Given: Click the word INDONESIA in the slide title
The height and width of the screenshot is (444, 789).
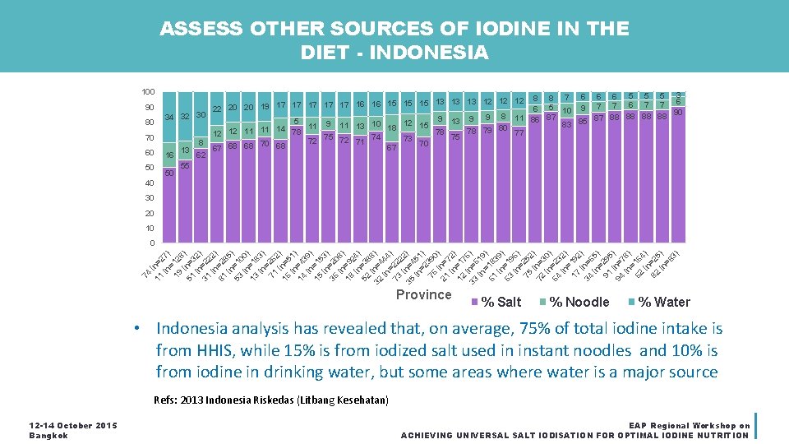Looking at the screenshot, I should pyautogui.click(x=430, y=53).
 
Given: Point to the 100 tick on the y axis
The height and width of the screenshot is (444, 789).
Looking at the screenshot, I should pyautogui.click(x=147, y=91).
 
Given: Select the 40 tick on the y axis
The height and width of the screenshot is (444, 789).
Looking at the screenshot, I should pyautogui.click(x=149, y=183).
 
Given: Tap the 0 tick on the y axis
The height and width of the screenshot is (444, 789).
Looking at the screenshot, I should pyautogui.click(x=152, y=243).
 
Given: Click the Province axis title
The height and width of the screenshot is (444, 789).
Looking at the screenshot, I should pyautogui.click(x=423, y=295).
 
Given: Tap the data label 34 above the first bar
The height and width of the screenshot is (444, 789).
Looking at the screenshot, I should pyautogui.click(x=169, y=118).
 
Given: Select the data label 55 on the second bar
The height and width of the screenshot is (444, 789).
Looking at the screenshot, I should pyautogui.click(x=185, y=165).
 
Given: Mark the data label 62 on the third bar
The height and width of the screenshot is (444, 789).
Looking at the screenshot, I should pyautogui.click(x=201, y=154).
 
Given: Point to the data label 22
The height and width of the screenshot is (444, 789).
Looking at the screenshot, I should pyautogui.click(x=217, y=109).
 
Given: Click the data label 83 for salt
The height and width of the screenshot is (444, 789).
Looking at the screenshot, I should pyautogui.click(x=566, y=125).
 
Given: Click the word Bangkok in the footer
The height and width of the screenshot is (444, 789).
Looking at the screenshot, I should pyautogui.click(x=48, y=435).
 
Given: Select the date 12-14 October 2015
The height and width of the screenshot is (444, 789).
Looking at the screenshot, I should pyautogui.click(x=73, y=425).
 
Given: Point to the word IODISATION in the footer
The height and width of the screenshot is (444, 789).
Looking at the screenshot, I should pyautogui.click(x=570, y=435).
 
